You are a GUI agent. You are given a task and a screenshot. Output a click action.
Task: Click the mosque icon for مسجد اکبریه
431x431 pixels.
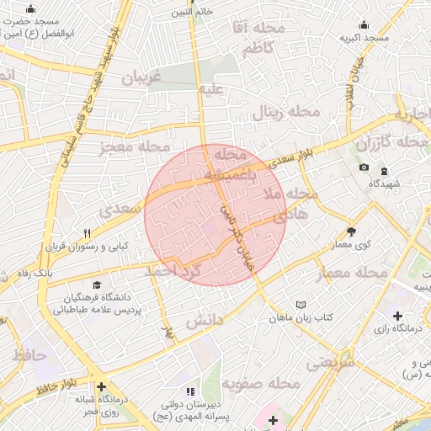coord(364,24)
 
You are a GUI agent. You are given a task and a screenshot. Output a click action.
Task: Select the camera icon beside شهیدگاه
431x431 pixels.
coord(364,168)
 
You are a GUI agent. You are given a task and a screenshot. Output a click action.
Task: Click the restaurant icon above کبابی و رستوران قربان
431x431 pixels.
coord(87,233)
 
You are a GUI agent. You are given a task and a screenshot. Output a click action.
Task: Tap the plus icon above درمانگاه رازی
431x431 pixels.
coord(397,315)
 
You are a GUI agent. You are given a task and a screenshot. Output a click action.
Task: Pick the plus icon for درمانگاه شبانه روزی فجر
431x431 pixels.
coord(102,386)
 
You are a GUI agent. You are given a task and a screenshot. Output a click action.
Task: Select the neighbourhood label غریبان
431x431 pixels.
coord(141,77)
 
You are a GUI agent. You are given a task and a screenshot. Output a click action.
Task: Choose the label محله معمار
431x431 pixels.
coord(352,274)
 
